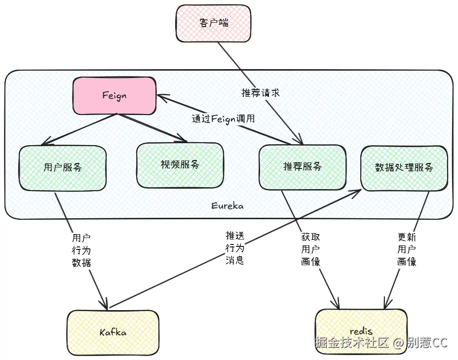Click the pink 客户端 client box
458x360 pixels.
[x=213, y=23]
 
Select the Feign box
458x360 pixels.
[x=114, y=96]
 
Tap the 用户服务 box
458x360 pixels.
[x=63, y=167]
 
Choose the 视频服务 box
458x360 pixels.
[x=180, y=165]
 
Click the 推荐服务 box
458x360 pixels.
[x=302, y=167]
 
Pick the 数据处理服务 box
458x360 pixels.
[x=404, y=167]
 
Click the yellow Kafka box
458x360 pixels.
[x=113, y=332]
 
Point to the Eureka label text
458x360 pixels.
[x=227, y=206]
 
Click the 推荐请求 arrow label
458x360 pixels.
[x=260, y=93]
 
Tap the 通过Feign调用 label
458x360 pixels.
[x=223, y=119]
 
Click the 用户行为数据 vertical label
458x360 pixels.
[x=81, y=250]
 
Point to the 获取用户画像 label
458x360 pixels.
[x=310, y=249]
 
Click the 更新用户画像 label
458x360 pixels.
[x=407, y=249]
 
